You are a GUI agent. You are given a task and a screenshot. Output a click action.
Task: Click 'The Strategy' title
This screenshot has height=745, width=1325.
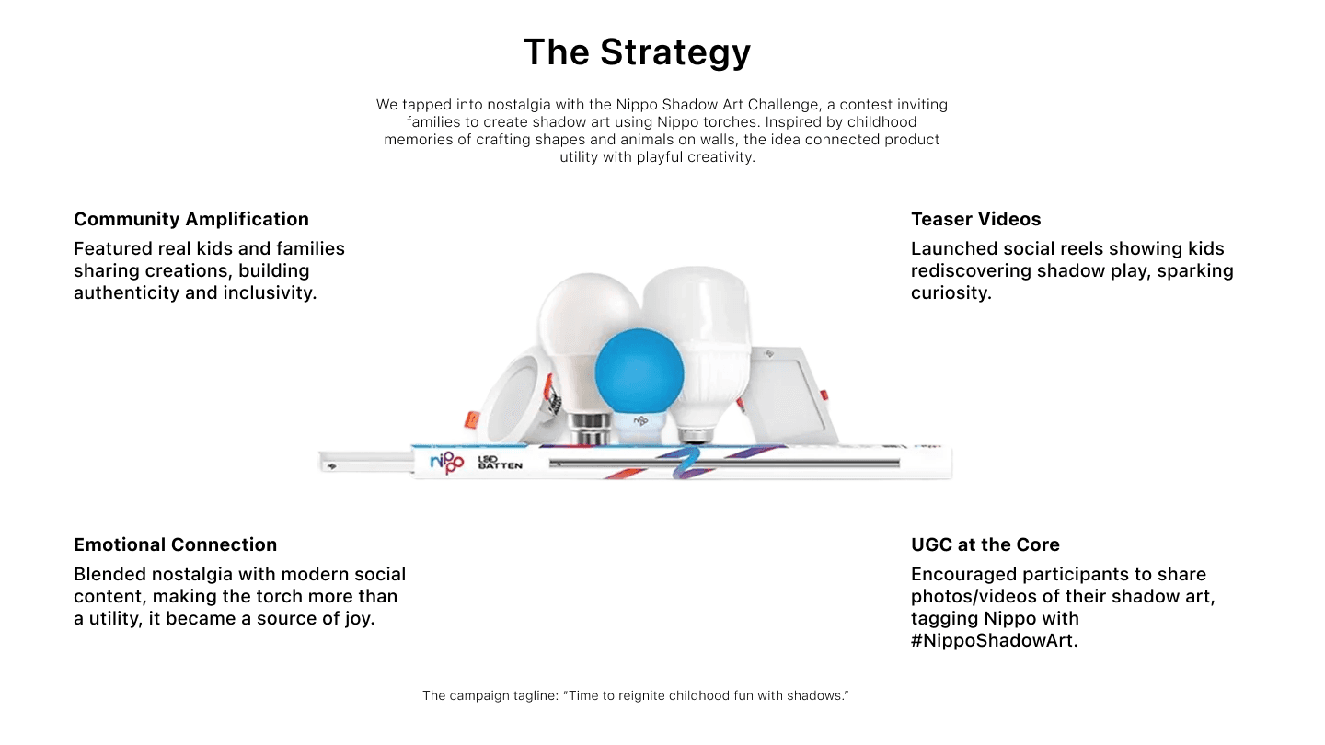(637, 52)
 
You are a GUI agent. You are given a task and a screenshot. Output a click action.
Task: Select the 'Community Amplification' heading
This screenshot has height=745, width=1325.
(191, 219)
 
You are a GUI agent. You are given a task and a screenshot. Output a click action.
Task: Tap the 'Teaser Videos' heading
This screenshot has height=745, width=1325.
(975, 219)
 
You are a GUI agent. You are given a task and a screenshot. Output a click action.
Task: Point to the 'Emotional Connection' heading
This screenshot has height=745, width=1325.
(175, 544)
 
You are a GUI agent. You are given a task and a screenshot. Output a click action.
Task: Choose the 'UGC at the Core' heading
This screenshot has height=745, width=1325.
(985, 544)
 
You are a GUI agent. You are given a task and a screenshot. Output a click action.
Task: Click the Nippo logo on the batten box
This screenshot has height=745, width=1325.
(447, 461)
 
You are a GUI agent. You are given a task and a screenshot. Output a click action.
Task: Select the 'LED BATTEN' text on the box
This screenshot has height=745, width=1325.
(500, 462)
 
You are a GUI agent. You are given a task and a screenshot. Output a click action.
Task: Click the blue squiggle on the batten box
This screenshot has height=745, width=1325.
(685, 462)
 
